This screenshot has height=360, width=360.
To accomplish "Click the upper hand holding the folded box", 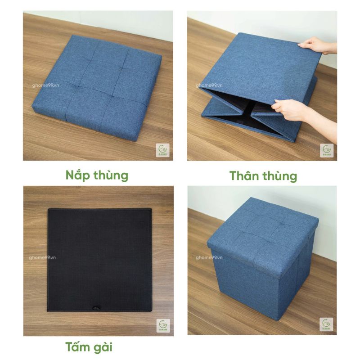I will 314,45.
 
